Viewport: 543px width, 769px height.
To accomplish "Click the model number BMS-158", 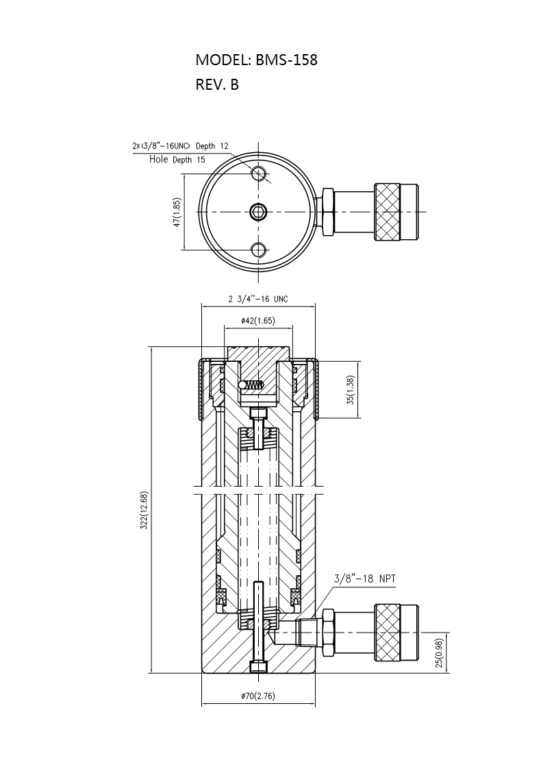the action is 286,60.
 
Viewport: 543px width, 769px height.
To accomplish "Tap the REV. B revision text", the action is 217,84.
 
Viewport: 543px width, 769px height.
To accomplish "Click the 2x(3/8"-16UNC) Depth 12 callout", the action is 180,146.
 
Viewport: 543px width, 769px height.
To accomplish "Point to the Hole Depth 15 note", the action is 177,160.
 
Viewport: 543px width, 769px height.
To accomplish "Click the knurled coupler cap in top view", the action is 396,211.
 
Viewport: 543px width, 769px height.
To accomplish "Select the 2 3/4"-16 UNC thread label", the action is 258,299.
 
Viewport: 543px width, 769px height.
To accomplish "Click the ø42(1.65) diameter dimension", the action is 258,321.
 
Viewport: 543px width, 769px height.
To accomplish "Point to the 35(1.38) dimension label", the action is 350,391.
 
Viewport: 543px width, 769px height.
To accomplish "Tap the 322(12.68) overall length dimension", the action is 144,510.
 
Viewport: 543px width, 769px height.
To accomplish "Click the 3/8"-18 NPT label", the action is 364,578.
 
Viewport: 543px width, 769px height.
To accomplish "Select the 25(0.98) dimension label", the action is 439,652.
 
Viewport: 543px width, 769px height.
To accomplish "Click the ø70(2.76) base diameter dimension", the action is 258,696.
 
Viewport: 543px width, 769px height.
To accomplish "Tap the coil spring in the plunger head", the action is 254,385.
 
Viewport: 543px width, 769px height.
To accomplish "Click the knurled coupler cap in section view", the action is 396,633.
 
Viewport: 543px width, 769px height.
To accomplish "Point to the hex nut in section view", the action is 327,633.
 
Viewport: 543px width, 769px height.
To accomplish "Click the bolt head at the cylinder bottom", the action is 258,667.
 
